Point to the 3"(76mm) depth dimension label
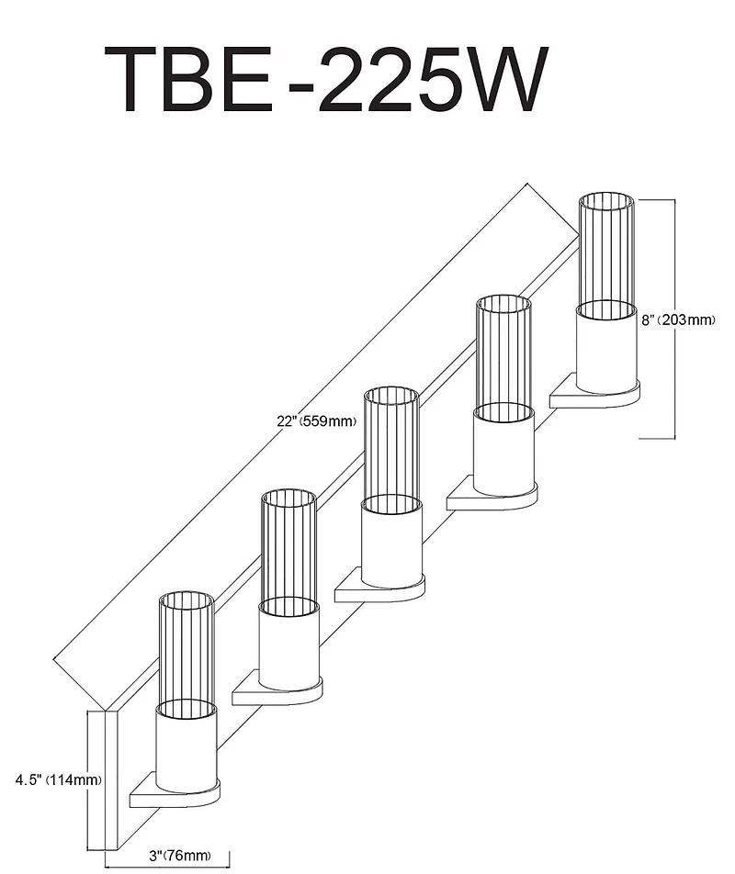[180, 856]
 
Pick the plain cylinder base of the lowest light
[187, 747]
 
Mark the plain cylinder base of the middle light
[392, 542]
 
